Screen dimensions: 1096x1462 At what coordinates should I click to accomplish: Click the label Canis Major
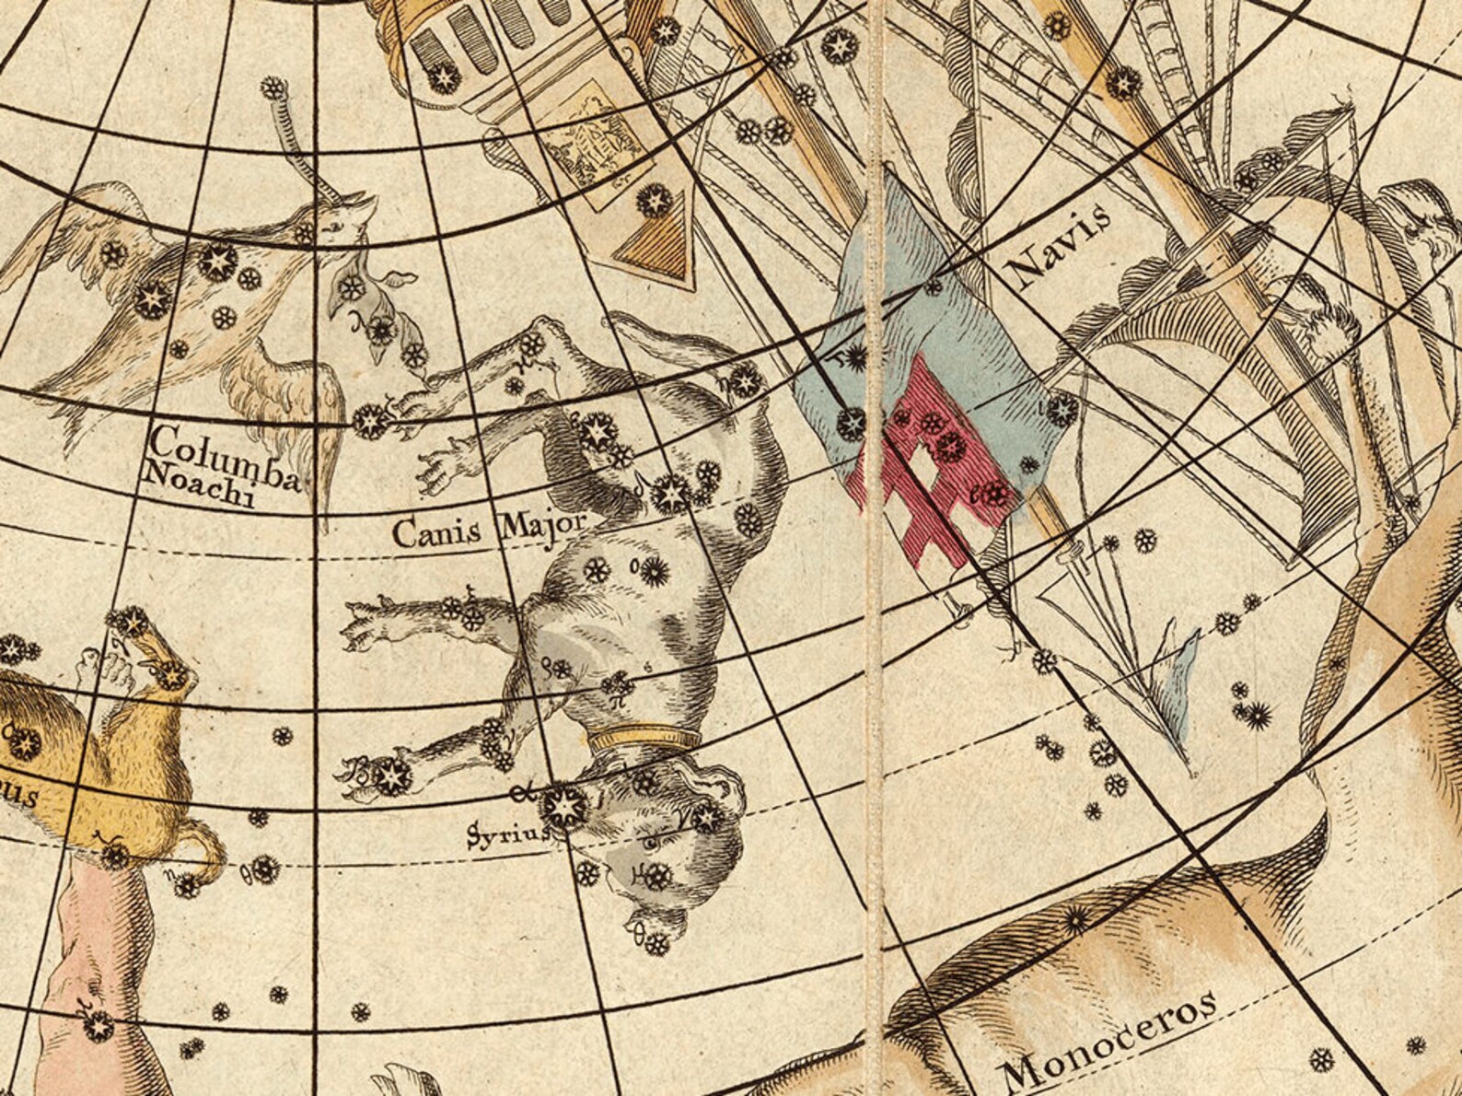488,531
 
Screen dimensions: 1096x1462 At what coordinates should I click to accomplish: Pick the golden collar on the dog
644,738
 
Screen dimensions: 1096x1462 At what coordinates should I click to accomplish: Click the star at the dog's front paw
390,775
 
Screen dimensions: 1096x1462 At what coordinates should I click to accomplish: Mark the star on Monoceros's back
1074,918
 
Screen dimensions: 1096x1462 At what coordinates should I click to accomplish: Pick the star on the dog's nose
656,942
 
